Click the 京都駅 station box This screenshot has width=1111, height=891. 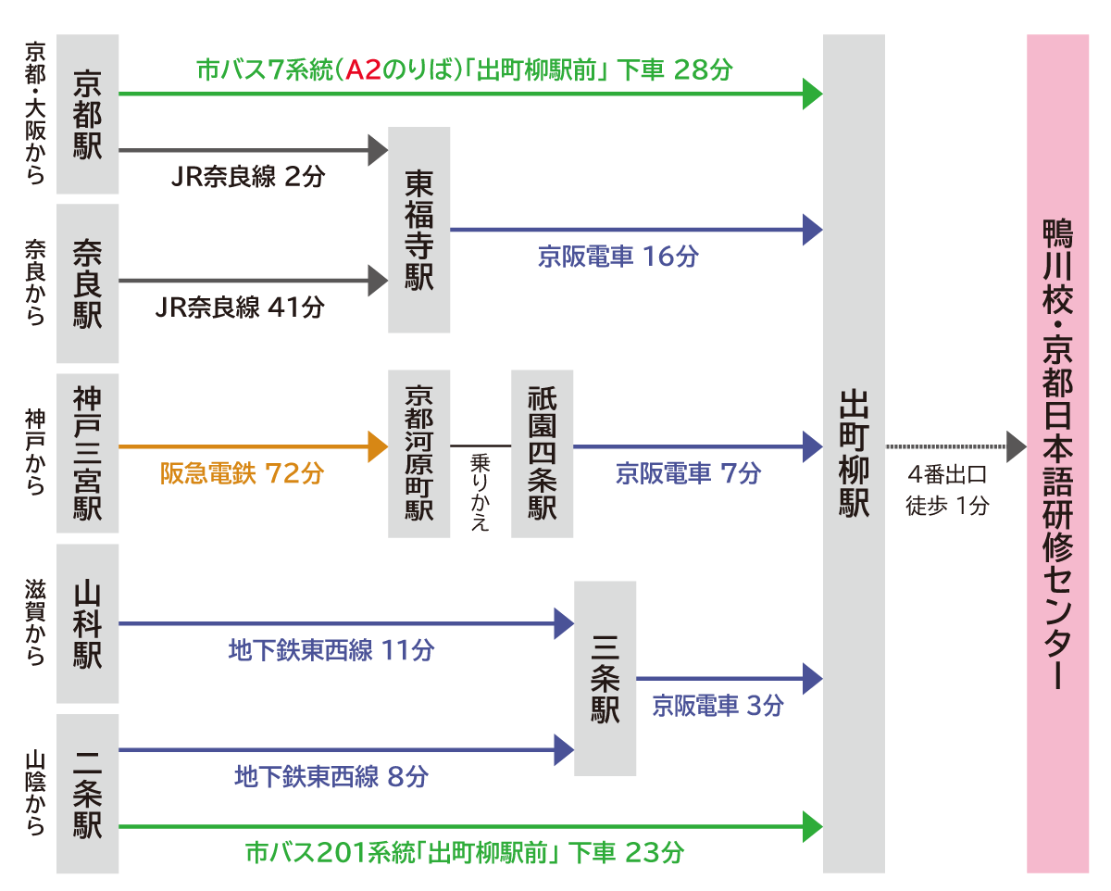click(x=87, y=114)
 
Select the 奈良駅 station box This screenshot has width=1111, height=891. click(x=87, y=283)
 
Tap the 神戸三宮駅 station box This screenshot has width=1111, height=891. click(x=87, y=453)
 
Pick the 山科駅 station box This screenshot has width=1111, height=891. click(x=87, y=623)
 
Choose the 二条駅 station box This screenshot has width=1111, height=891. click(x=87, y=794)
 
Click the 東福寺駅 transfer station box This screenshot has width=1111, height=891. click(x=418, y=230)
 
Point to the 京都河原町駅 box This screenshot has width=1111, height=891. click(x=418, y=454)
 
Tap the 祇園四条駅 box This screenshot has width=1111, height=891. click(x=543, y=454)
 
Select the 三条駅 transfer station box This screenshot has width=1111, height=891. click(x=605, y=678)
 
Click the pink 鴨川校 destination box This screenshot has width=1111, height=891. click(x=1057, y=454)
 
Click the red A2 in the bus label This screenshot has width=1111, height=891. click(x=363, y=70)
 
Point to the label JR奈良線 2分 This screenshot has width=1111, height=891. click(x=248, y=177)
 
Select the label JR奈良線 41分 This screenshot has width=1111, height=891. click(x=240, y=307)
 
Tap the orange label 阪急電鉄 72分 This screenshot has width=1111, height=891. click(x=242, y=473)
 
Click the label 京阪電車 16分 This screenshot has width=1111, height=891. click(x=618, y=257)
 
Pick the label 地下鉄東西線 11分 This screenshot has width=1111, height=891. click(x=331, y=650)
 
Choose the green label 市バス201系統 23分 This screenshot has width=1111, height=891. click(x=465, y=852)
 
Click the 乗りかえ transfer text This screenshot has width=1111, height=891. click(x=481, y=492)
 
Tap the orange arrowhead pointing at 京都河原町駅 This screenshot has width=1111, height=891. click(x=378, y=446)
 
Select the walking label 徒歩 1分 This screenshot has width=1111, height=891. click(x=947, y=506)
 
